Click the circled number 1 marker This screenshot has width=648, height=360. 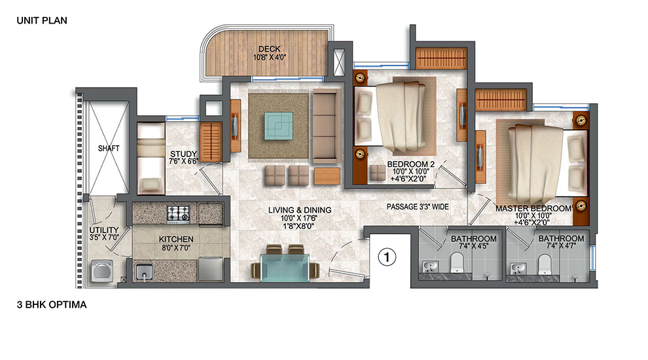[387, 257]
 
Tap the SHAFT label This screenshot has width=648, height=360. [109, 148]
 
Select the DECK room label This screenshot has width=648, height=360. [270, 49]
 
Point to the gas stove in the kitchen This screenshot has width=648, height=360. [178, 213]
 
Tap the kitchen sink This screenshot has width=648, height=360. [144, 272]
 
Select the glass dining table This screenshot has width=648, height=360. [285, 267]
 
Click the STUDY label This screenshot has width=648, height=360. [183, 154]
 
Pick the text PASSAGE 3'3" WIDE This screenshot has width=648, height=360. [418, 207]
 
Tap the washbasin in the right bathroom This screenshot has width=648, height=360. [518, 268]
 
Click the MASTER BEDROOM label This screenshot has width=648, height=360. [533, 209]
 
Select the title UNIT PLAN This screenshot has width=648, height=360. [42, 20]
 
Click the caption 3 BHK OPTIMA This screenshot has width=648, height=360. [52, 304]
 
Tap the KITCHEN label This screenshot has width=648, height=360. [176, 240]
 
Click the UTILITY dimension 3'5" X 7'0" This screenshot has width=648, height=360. [104, 238]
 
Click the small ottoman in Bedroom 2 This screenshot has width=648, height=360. [377, 172]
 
